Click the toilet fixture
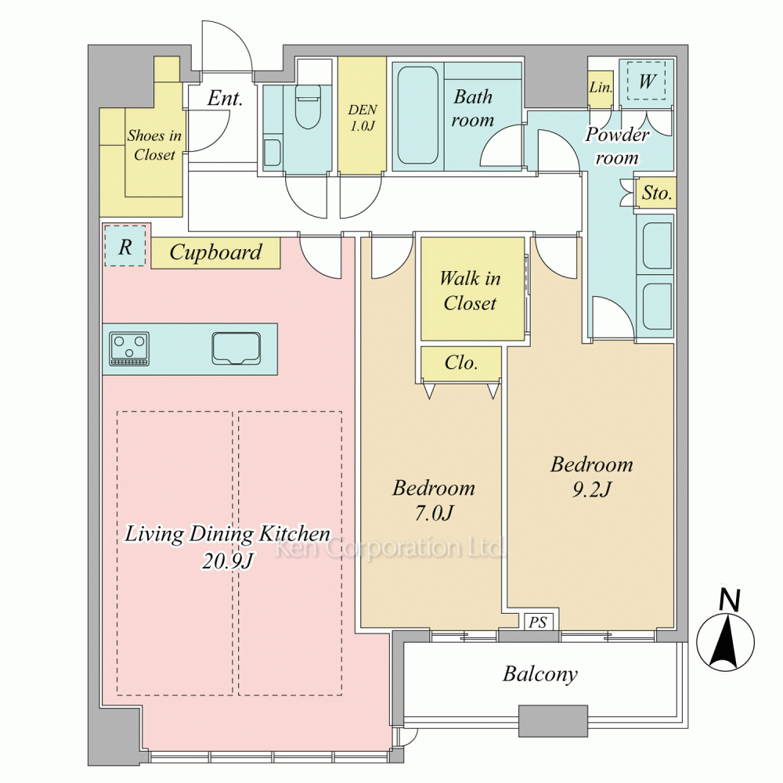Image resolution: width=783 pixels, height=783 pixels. point(308,106)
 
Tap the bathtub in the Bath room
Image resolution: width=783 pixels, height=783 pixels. point(417,115)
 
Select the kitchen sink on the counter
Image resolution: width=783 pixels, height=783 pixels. point(236,348)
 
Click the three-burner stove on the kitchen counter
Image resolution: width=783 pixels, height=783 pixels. point(129,348)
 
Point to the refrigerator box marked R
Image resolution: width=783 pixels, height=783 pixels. point(124,246)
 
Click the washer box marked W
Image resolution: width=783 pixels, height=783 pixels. point(646,81)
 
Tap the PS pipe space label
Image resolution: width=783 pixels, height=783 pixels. point(538,622)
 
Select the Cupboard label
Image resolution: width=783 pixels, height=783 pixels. point(215,252)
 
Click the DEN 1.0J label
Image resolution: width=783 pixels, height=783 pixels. point(363,117)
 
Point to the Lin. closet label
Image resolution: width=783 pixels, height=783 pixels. point(601,88)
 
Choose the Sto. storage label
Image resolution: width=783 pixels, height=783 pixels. point(657,193)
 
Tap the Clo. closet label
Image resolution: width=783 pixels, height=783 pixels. point(461,363)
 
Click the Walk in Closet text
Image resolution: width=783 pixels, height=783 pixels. point(470,290)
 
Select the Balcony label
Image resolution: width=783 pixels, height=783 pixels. point(539,674)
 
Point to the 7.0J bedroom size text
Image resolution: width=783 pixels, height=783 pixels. point(434,513)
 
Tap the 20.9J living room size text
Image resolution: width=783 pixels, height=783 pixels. point(227,561)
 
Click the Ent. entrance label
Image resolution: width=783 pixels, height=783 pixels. point(225,98)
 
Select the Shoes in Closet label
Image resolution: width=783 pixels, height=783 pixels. point(154,145)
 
